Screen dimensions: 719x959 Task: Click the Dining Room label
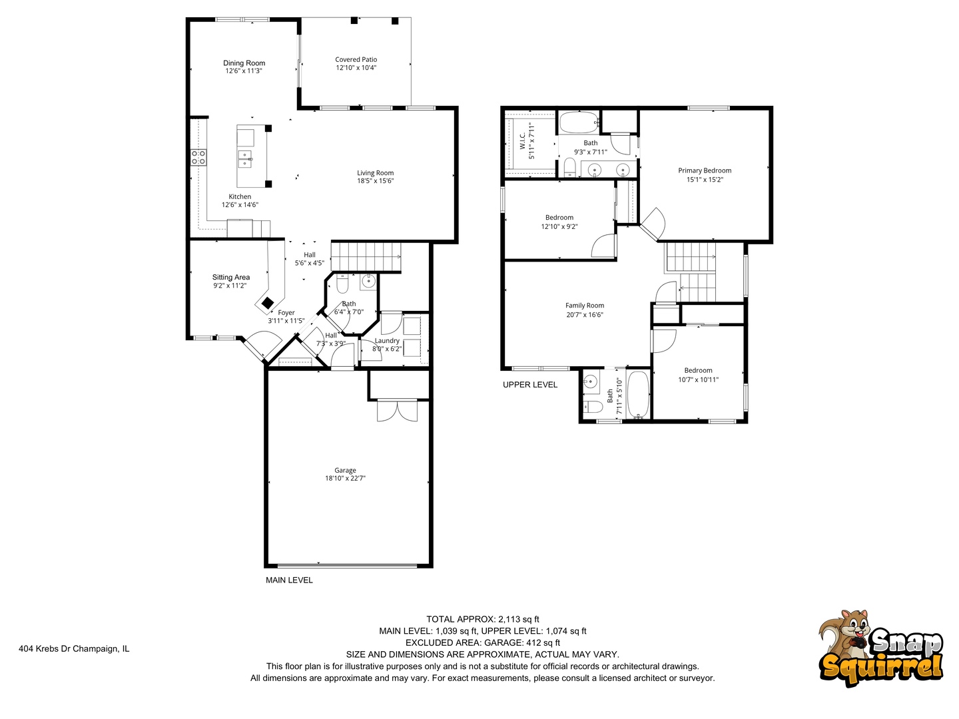click(x=244, y=63)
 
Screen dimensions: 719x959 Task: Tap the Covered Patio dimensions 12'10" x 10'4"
click(x=356, y=68)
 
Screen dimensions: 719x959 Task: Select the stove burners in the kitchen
click(x=198, y=157)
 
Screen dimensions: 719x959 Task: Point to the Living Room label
click(x=375, y=173)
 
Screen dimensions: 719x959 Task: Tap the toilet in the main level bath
click(x=342, y=284)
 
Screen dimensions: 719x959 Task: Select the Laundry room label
click(x=387, y=341)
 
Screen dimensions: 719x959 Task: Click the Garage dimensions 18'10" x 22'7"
click(x=345, y=479)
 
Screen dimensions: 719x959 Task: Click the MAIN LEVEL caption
click(x=289, y=580)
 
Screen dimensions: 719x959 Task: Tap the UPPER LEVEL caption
click(x=529, y=385)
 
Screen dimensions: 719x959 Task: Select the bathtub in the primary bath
click(x=578, y=123)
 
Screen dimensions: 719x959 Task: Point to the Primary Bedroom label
click(x=705, y=170)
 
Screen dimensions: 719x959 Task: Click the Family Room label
click(x=585, y=306)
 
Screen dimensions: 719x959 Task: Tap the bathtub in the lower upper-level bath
click(x=637, y=395)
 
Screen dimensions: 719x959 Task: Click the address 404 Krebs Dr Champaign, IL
click(x=74, y=648)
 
